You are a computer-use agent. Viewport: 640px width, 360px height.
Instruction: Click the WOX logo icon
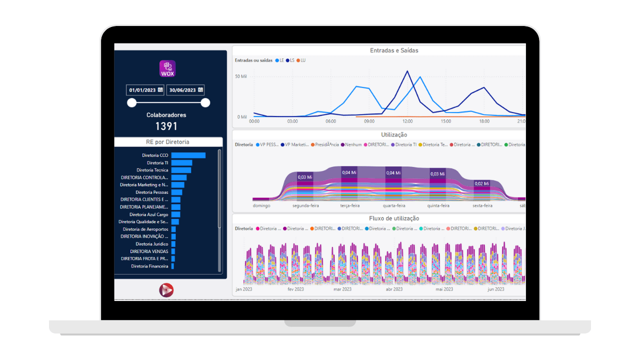pyautogui.click(x=167, y=68)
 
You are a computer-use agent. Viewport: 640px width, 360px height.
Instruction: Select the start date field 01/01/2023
pyautogui.click(x=145, y=90)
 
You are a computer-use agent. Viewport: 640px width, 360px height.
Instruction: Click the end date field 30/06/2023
pyautogui.click(x=185, y=90)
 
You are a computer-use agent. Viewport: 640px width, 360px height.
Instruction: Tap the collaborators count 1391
pyautogui.click(x=166, y=126)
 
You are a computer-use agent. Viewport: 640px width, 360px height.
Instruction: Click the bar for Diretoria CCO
pyautogui.click(x=188, y=155)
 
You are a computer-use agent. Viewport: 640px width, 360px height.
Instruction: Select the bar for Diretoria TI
pyautogui.click(x=182, y=163)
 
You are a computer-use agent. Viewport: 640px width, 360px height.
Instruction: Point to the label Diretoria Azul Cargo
pyautogui.click(x=148, y=214)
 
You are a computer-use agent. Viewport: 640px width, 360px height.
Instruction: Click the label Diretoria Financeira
pyautogui.click(x=149, y=266)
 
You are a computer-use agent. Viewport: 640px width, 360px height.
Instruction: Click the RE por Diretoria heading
pyautogui.click(x=167, y=142)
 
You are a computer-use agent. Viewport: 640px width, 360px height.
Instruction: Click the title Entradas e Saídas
pyautogui.click(x=394, y=50)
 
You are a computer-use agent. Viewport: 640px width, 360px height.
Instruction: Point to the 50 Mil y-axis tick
pyautogui.click(x=241, y=76)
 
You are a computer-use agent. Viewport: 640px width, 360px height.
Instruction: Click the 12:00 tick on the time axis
pyautogui.click(x=407, y=121)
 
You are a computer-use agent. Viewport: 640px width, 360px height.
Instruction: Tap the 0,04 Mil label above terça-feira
pyautogui.click(x=349, y=172)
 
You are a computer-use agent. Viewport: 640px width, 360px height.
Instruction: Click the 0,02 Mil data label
pyautogui.click(x=482, y=183)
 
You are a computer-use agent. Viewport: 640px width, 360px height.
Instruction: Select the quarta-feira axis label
pyautogui.click(x=394, y=205)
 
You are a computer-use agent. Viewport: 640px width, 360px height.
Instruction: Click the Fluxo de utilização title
pyautogui.click(x=394, y=218)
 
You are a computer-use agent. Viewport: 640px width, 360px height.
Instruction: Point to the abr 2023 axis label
pyautogui.click(x=394, y=289)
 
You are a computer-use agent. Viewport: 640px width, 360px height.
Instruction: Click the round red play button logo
pyautogui.click(x=166, y=290)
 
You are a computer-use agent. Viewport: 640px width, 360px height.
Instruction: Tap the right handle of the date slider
pyautogui.click(x=205, y=103)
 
